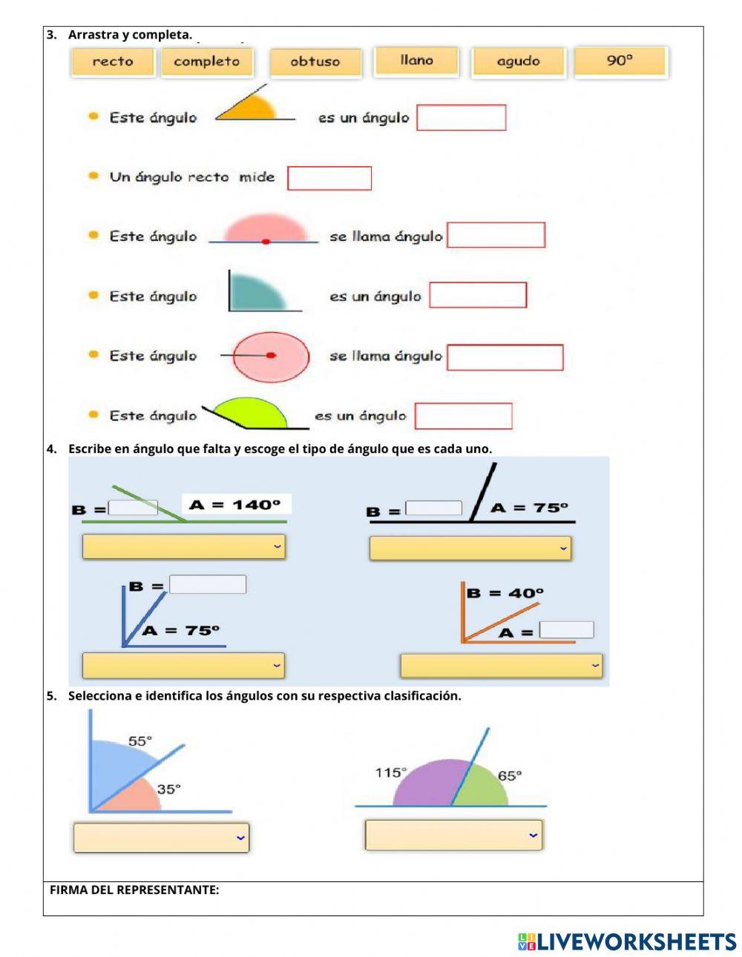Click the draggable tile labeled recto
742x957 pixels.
click(113, 62)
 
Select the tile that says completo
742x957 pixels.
click(206, 62)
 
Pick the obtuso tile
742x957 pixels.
click(315, 62)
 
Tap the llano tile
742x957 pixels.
click(416, 61)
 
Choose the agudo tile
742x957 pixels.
click(518, 62)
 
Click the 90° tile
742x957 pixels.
click(620, 62)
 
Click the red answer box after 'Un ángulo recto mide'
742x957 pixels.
click(329, 178)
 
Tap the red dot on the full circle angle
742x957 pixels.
click(271, 356)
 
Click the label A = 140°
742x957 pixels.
click(236, 505)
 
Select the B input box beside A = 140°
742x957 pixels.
click(134, 508)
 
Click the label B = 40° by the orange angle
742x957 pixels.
click(505, 593)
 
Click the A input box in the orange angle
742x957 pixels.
click(566, 630)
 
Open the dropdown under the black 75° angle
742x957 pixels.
click(470, 549)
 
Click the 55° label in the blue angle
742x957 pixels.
click(139, 741)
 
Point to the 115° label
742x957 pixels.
click(390, 773)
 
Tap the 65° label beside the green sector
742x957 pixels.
click(510, 775)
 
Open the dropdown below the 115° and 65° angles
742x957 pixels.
click(453, 835)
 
